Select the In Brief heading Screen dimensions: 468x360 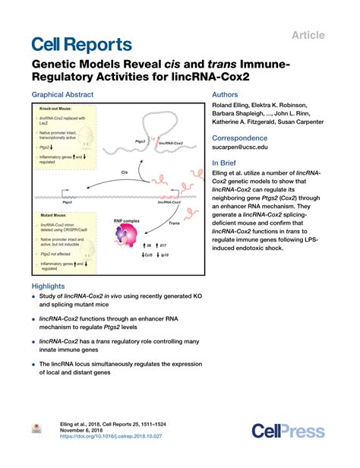[227, 163]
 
